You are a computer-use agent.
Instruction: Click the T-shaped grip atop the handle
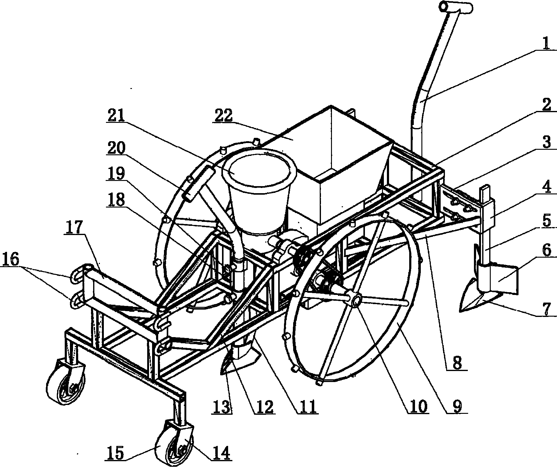coord(455,7)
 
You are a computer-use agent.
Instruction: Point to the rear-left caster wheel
coord(66,380)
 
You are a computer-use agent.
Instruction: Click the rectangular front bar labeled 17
coord(122,289)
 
